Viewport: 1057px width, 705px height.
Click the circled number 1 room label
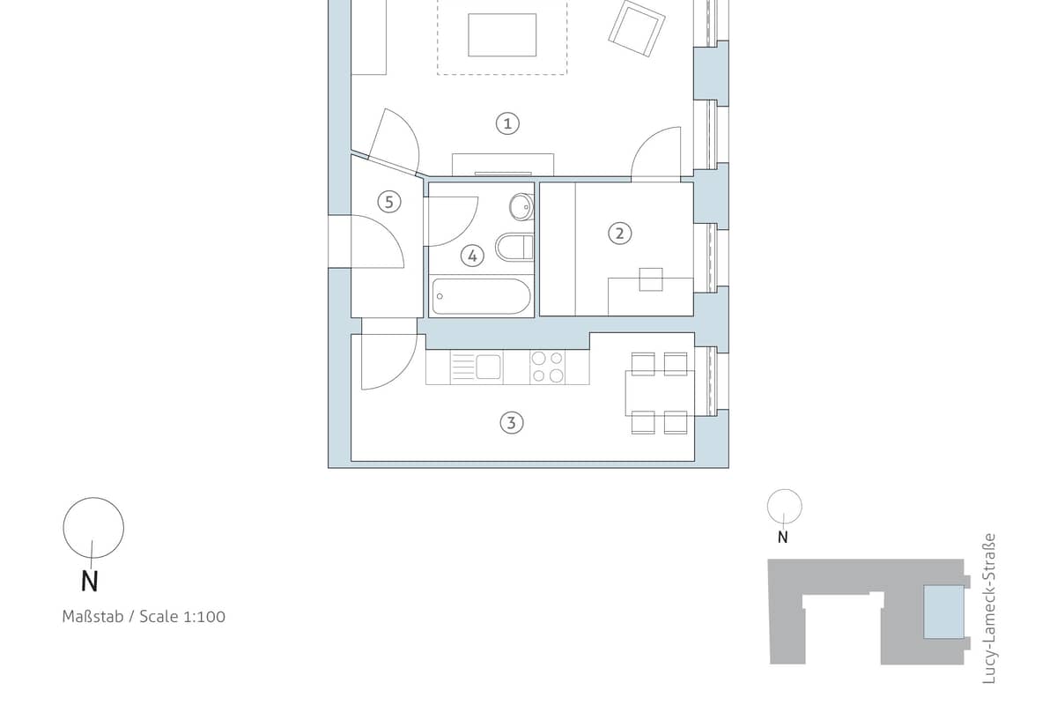pyautogui.click(x=507, y=123)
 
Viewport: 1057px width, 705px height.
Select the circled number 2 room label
pyautogui.click(x=619, y=234)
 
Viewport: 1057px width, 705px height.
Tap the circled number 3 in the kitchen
pyautogui.click(x=512, y=423)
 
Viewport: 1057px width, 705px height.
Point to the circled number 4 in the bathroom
pyautogui.click(x=472, y=256)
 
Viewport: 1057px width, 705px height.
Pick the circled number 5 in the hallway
pyautogui.click(x=389, y=202)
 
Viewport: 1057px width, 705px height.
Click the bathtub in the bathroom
pyautogui.click(x=481, y=296)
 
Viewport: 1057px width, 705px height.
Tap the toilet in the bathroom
pyautogui.click(x=514, y=247)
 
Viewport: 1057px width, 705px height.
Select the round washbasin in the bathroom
pyautogui.click(x=521, y=207)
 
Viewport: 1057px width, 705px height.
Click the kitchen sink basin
pyautogui.click(x=488, y=367)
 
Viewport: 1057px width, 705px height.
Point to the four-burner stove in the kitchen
pyautogui.click(x=547, y=367)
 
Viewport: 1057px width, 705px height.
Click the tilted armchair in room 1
pyautogui.click(x=637, y=29)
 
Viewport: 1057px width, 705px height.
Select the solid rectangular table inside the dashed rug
pyautogui.click(x=502, y=35)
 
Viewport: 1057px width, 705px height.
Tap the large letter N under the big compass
pyautogui.click(x=90, y=581)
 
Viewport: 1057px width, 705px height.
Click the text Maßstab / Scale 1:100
pyautogui.click(x=144, y=617)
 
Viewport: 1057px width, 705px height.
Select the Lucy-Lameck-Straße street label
pyautogui.click(x=988, y=609)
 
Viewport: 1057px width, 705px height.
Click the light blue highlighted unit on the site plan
pyautogui.click(x=943, y=612)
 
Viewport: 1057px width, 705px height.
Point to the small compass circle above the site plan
pyautogui.click(x=784, y=506)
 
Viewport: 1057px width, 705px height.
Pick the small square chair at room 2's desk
pyautogui.click(x=651, y=279)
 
